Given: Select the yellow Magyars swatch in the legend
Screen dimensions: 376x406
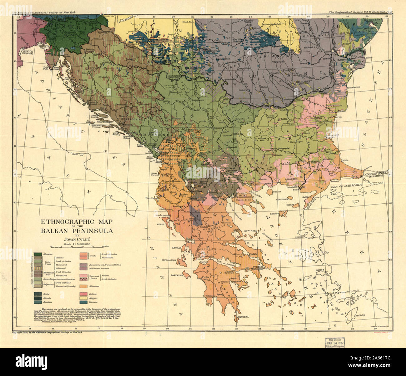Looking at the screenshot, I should click(84, 298).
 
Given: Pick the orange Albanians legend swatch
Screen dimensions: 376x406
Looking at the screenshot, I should click(84, 286).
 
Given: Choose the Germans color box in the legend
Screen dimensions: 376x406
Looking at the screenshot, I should click(84, 302).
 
